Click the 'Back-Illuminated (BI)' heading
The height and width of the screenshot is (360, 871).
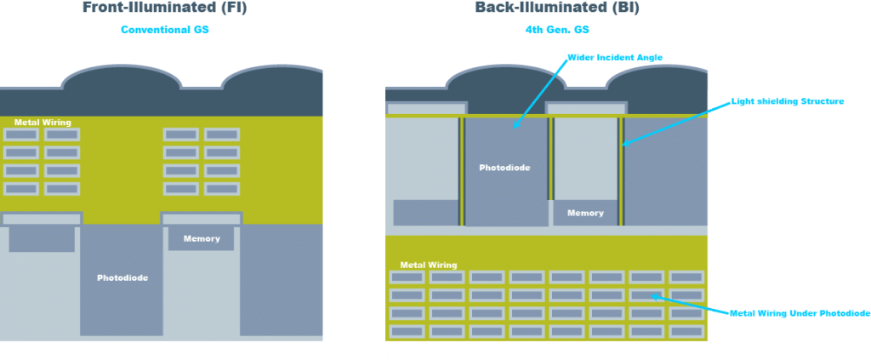tap(558, 8)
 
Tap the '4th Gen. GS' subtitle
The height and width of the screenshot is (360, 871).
tap(557, 30)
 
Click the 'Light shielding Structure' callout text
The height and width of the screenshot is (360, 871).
tap(788, 101)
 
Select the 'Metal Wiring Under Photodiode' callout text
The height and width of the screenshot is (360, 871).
tap(800, 313)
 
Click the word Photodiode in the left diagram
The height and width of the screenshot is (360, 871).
tap(122, 277)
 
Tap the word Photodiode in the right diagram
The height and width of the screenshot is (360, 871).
tap(504, 168)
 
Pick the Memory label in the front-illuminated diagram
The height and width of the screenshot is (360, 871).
tap(202, 238)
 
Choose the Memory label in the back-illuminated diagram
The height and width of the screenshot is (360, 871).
tap(585, 213)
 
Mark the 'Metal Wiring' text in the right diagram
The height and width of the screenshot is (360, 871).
tap(428, 265)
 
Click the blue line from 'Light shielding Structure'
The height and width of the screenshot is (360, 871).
tap(672, 122)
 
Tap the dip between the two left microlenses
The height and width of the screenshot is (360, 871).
tap(201, 87)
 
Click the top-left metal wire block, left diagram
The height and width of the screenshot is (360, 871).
tap(21, 134)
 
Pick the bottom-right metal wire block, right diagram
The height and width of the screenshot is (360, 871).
tap(687, 331)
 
